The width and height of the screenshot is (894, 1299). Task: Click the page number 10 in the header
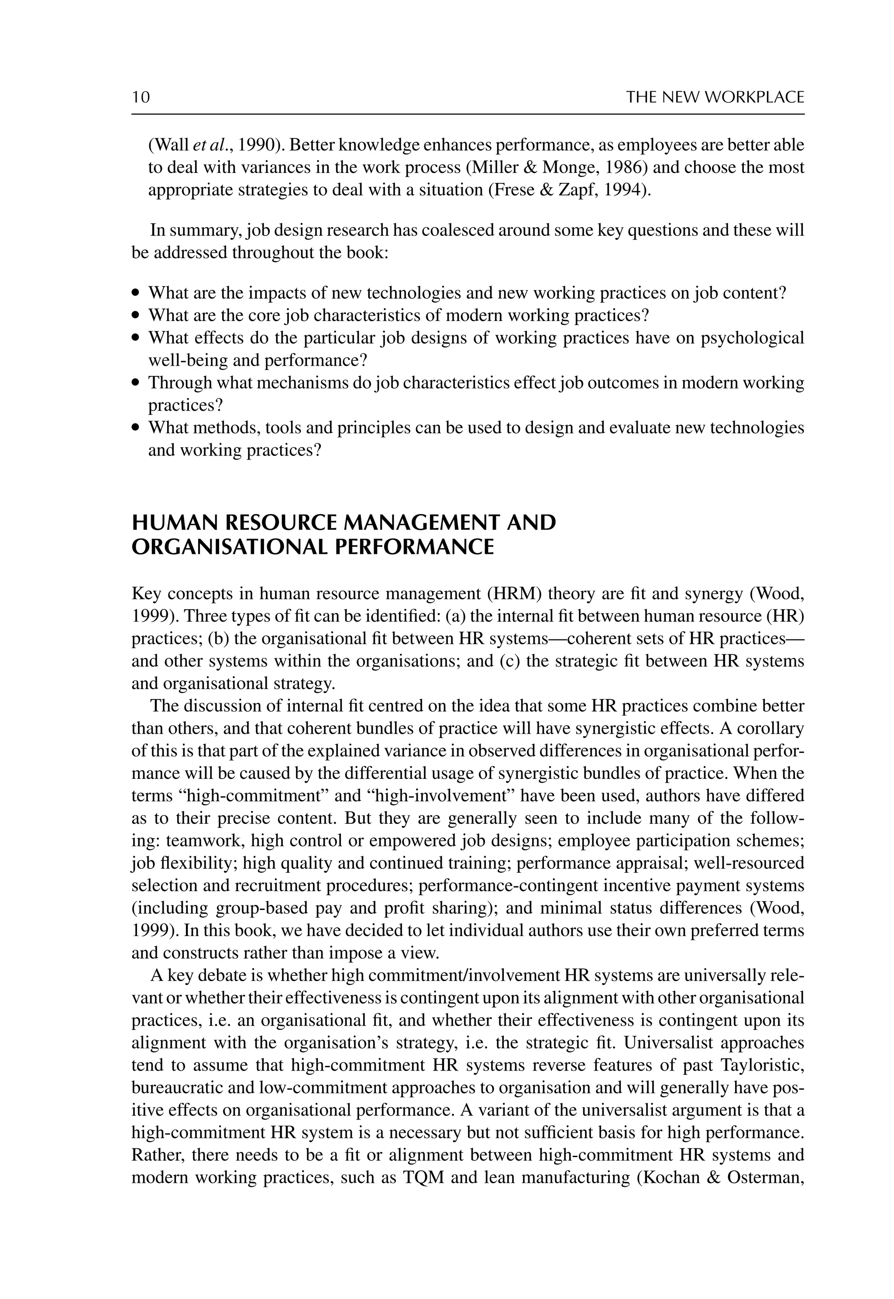coord(141,97)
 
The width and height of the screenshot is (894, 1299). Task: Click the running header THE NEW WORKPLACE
coord(715,97)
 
